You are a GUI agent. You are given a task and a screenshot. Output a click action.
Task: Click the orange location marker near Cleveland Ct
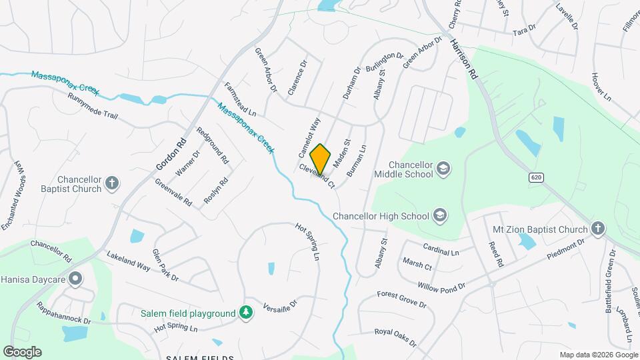click(x=321, y=159)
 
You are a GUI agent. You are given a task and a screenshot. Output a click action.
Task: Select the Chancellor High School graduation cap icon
click(x=439, y=215)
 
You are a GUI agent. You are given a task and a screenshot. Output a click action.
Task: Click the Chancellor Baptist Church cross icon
click(x=112, y=182)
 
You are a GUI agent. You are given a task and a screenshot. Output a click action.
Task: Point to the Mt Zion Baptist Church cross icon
click(x=598, y=229)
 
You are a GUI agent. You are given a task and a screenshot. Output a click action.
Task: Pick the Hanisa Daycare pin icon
click(x=76, y=278)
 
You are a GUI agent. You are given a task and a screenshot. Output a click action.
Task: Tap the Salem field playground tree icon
click(x=247, y=313)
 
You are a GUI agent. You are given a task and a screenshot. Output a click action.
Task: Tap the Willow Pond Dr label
click(x=441, y=287)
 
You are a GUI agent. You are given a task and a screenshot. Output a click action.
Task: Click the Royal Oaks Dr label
click(x=395, y=337)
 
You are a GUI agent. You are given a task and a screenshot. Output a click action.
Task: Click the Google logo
click(x=22, y=352)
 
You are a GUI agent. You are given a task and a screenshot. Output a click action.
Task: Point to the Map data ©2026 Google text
click(x=598, y=355)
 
